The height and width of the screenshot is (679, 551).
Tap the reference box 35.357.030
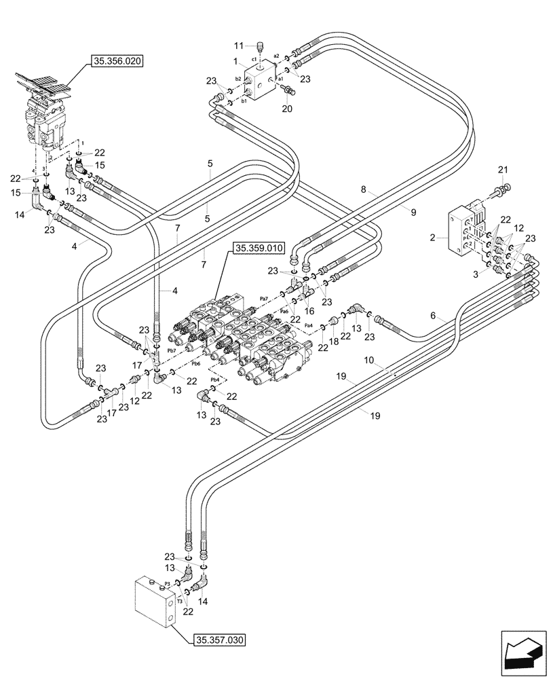(219, 640)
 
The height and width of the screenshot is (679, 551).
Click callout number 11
(238, 45)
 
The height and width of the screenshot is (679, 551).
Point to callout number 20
(286, 108)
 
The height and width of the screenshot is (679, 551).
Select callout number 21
(502, 169)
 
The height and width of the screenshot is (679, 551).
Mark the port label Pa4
(309, 325)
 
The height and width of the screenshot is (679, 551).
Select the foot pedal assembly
(47, 109)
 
